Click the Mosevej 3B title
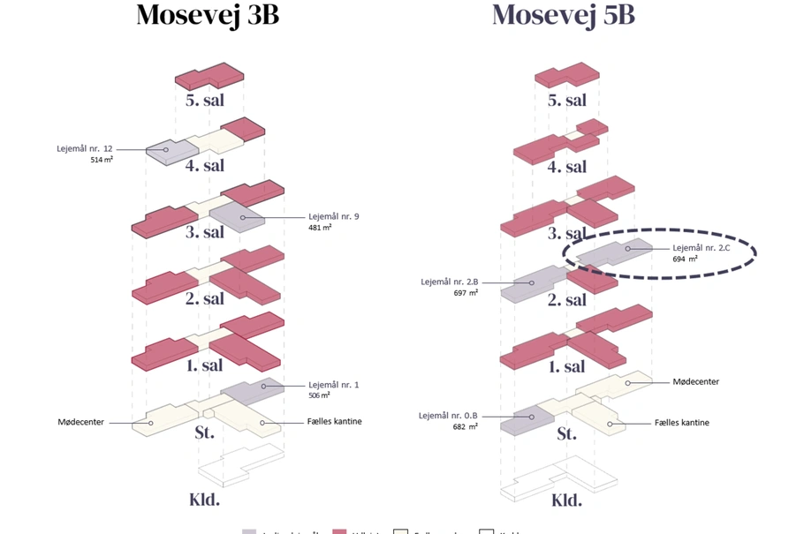tap(208, 15)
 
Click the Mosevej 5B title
tap(563, 15)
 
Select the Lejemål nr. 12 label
tap(86, 149)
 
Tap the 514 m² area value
tap(102, 161)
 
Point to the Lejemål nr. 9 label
tap(334, 216)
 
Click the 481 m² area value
tap(320, 228)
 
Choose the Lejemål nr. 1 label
tap(334, 385)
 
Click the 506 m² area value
tap(320, 396)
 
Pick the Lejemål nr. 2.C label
tap(702, 248)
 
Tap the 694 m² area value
tap(685, 259)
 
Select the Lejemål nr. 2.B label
tap(448, 282)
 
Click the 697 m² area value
tap(466, 293)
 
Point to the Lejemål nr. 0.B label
tap(448, 416)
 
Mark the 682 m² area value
tap(466, 427)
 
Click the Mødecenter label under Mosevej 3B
tap(81, 422)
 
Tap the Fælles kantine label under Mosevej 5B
tap(682, 423)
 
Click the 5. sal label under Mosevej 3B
tap(205, 100)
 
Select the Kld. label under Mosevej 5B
tap(566, 500)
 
